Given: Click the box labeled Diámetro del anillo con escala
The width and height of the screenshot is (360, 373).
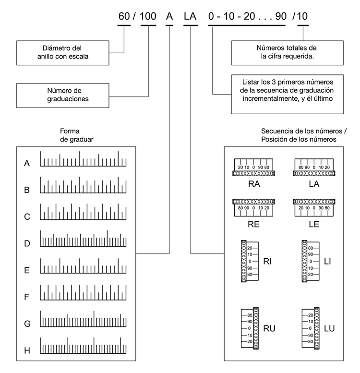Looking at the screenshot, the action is [x=63, y=53].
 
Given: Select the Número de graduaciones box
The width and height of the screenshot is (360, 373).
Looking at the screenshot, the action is [x=63, y=96].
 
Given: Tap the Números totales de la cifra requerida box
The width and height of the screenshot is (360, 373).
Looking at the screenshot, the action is [x=287, y=53].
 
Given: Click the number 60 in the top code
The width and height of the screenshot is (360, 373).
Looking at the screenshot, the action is [x=124, y=16].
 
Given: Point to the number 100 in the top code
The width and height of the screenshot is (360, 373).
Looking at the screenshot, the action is [x=148, y=16].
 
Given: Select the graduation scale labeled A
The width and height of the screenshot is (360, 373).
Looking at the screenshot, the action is [x=83, y=159].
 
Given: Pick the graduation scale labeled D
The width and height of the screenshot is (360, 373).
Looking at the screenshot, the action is [x=83, y=239].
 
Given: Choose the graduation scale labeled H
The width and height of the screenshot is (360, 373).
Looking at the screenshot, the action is [x=83, y=346].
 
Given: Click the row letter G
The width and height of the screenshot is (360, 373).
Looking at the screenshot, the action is [x=27, y=324].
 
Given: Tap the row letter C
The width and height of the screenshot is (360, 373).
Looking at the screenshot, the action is [x=27, y=217].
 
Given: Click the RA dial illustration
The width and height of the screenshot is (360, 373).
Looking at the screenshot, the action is [x=253, y=167].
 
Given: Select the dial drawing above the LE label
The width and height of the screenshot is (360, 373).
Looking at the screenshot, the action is [x=314, y=208].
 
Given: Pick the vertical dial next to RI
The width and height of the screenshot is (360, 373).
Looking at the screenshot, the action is [x=250, y=261].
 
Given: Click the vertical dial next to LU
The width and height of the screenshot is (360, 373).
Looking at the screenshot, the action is [x=311, y=328].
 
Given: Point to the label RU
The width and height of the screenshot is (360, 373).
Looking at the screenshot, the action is [x=269, y=328].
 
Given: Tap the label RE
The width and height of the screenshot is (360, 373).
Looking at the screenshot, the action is [x=253, y=224].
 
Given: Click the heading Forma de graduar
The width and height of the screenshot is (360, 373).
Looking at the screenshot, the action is [x=77, y=135].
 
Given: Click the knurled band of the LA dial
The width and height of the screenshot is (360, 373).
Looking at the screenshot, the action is [x=314, y=174].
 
